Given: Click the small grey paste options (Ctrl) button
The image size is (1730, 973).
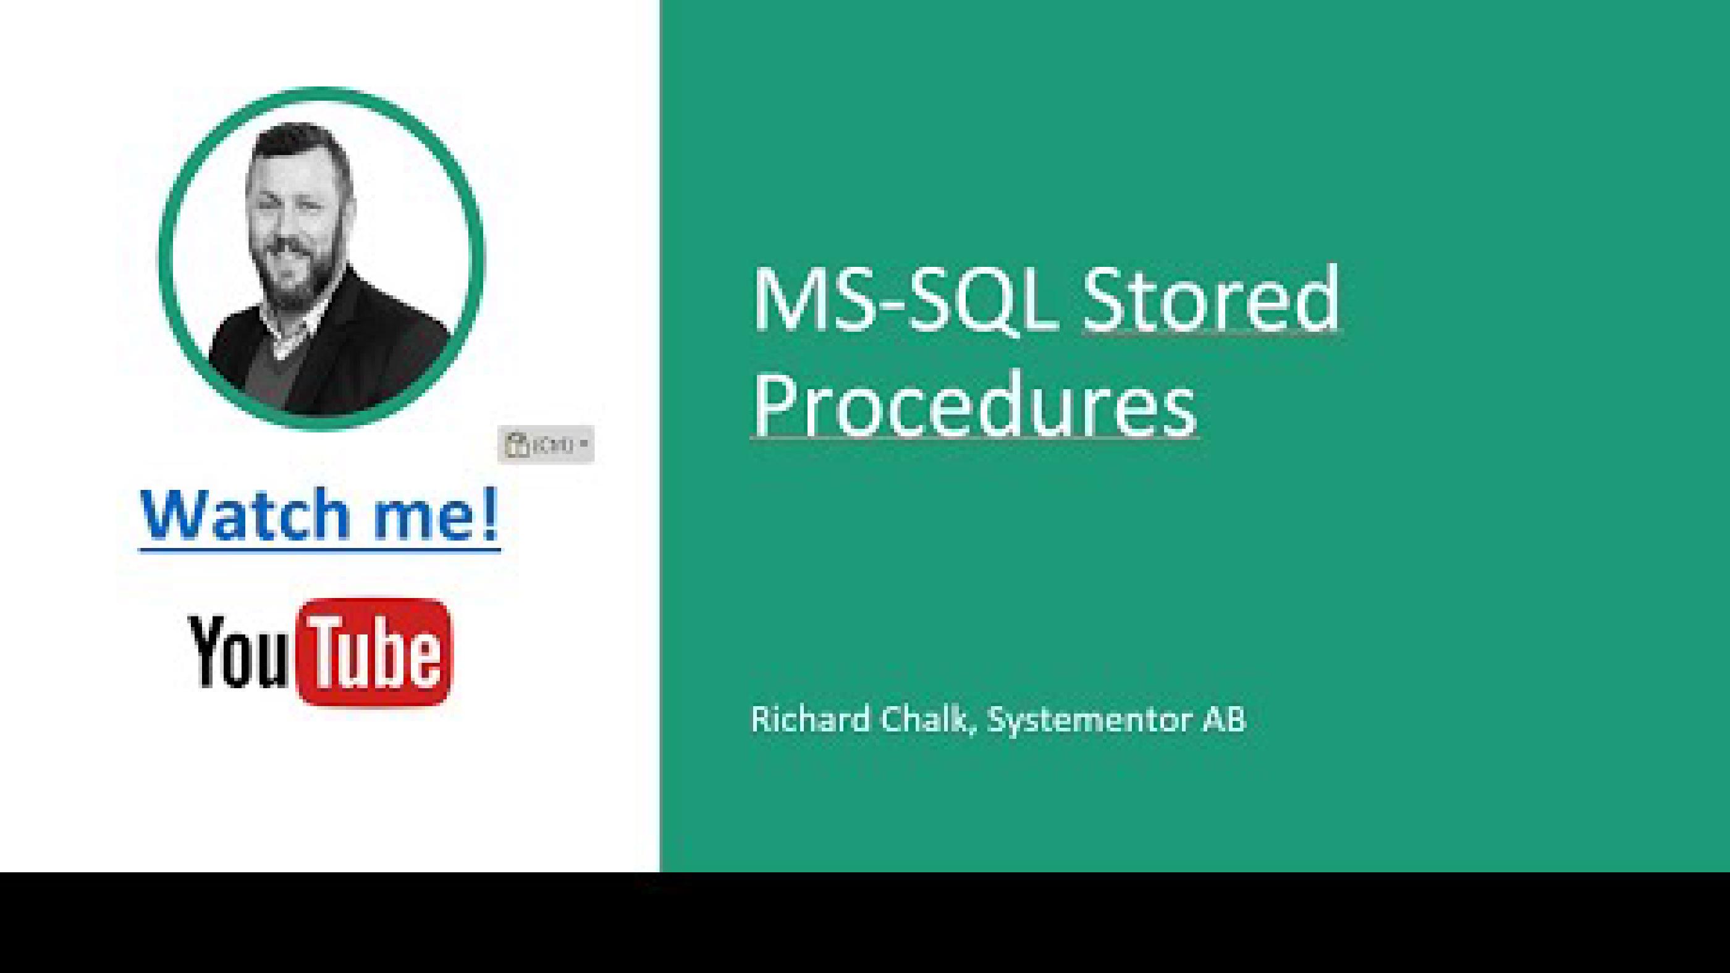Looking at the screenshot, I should point(546,444).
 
